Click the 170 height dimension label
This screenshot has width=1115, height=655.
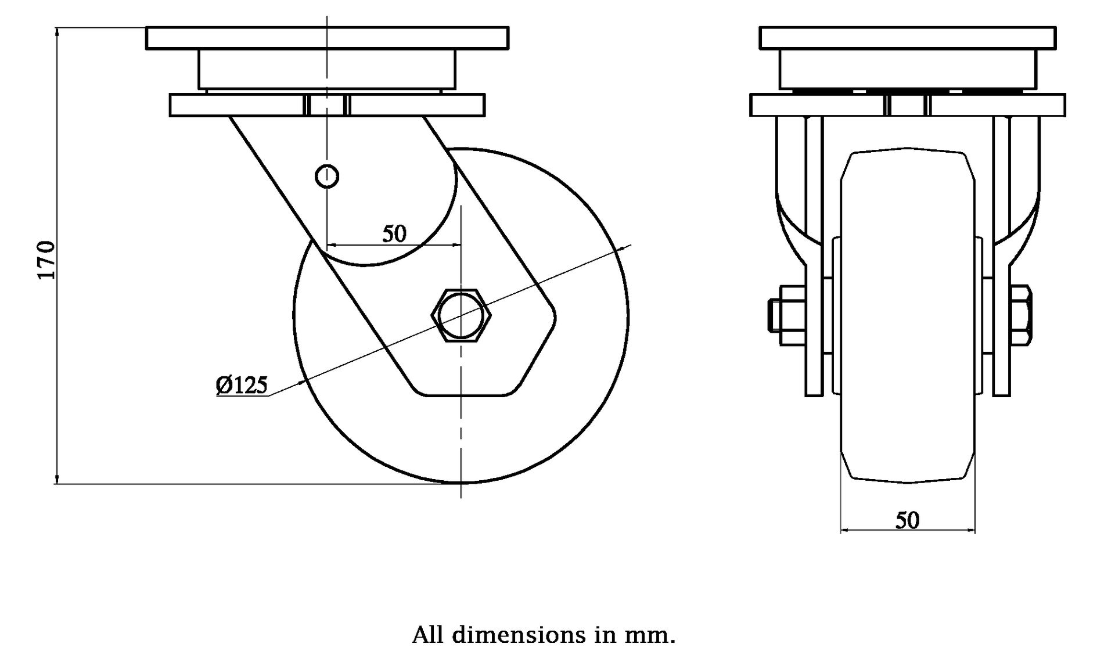click(46, 260)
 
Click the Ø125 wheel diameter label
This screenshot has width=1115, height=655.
click(242, 385)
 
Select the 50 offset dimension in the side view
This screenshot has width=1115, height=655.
click(394, 234)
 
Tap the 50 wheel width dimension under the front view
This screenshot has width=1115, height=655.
click(907, 520)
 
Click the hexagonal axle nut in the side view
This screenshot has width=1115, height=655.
click(461, 315)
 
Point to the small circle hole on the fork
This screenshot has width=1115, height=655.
click(327, 176)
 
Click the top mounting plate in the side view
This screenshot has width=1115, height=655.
click(327, 38)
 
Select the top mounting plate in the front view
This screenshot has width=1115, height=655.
click(907, 38)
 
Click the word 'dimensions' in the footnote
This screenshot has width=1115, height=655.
click(519, 635)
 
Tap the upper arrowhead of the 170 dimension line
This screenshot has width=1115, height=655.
click(57, 33)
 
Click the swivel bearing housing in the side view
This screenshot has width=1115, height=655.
click(327, 69)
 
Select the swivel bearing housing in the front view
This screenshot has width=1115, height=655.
click(907, 69)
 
